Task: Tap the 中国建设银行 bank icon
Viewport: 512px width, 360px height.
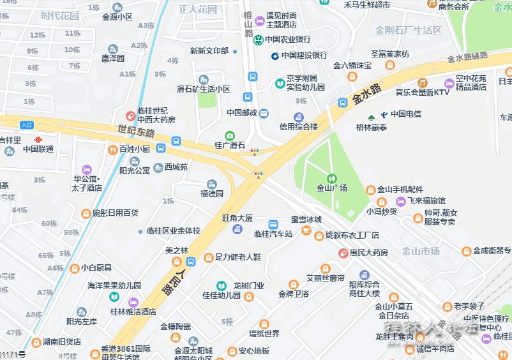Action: click(x=275, y=56)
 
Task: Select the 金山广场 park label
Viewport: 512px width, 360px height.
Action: click(x=332, y=188)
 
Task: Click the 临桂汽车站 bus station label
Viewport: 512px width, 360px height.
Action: click(x=273, y=234)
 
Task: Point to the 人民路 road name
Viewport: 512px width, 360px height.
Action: click(x=168, y=281)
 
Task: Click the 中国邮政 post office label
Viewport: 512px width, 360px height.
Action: click(x=242, y=113)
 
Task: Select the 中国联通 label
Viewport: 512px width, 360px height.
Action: click(x=38, y=149)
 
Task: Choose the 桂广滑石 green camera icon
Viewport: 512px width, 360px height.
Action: click(x=230, y=135)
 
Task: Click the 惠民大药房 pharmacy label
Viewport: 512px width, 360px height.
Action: click(x=368, y=253)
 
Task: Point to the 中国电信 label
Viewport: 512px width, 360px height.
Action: click(x=406, y=114)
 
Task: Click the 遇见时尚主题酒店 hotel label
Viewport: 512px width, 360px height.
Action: click(x=281, y=20)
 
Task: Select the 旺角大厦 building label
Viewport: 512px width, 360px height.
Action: click(x=237, y=218)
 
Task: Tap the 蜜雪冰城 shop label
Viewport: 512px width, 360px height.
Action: click(x=306, y=220)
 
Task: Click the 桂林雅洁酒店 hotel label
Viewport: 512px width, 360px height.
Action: click(x=133, y=312)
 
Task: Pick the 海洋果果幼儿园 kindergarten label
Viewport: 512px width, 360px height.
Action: click(x=114, y=285)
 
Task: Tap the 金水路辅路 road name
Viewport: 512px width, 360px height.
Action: click(x=467, y=57)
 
